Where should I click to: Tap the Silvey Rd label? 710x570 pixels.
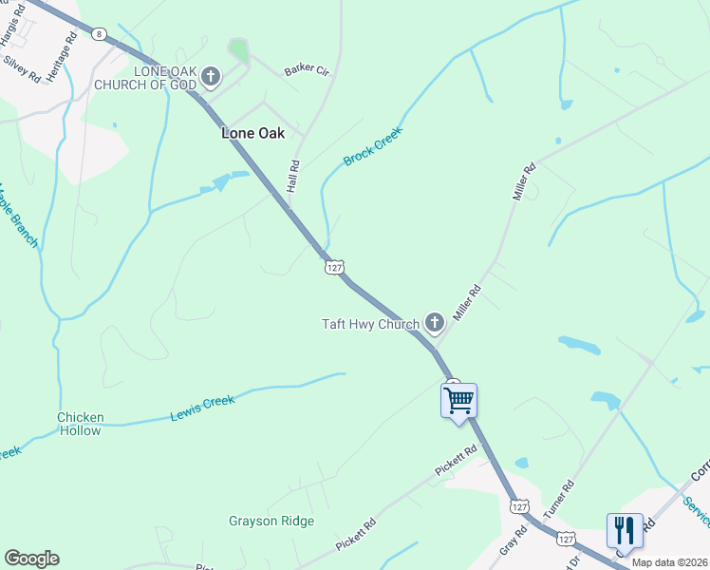click(22, 67)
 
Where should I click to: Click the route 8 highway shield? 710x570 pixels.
click(99, 33)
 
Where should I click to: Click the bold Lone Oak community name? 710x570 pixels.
click(252, 133)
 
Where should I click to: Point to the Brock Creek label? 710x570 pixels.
click(373, 145)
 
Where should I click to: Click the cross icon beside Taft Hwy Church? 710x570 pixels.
click(434, 324)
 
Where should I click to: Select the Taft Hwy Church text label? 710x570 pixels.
click(370, 325)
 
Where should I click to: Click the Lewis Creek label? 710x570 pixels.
click(202, 408)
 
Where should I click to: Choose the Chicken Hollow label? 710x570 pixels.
click(80, 424)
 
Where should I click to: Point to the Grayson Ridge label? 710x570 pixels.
click(271, 521)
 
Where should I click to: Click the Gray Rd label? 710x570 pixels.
click(513, 542)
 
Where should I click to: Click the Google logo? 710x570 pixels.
click(31, 559)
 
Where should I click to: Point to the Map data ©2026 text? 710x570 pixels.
click(670, 562)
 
